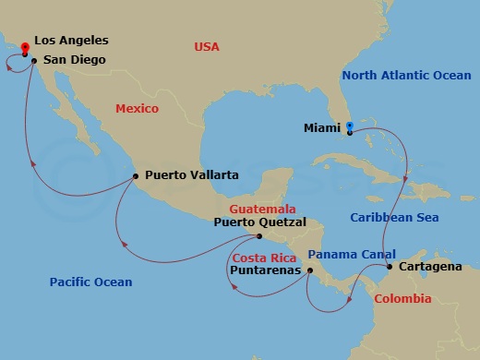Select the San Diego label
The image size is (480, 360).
point(73,61)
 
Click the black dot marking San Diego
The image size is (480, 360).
point(33,62)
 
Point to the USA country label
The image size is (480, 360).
point(208,46)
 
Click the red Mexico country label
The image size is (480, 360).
point(138,109)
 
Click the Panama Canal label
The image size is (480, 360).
point(352,254)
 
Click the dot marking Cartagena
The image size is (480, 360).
point(389,268)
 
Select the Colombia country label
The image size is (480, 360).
point(402,299)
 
